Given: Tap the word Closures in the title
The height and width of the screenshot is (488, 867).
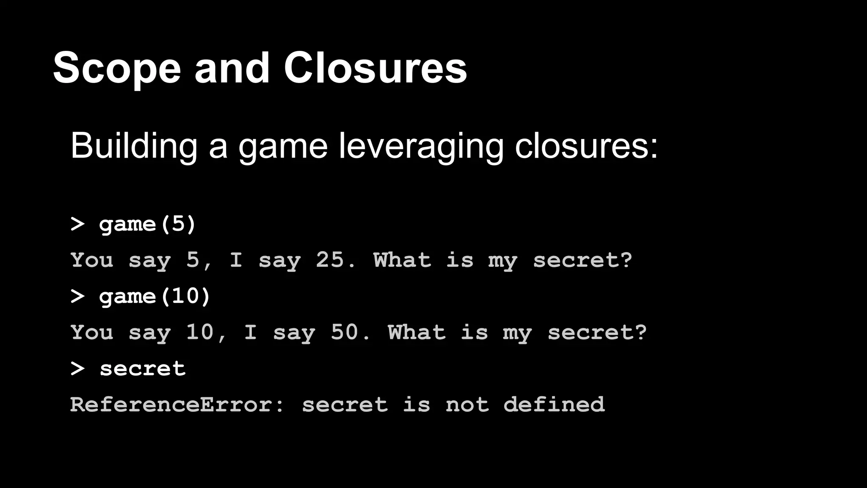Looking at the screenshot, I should click(375, 68).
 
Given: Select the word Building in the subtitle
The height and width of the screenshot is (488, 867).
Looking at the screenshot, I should click(134, 146).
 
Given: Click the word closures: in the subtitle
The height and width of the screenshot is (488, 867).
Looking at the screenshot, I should click(586, 146).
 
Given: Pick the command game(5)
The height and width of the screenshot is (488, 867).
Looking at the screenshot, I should click(147, 224).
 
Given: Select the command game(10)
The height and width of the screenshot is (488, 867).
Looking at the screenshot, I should click(155, 296).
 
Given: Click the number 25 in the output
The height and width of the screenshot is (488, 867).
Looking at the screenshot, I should click(330, 260).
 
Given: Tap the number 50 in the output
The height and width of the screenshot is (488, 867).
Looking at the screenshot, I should click(345, 332).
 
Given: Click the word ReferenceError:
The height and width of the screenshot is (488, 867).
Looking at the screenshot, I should click(177, 405).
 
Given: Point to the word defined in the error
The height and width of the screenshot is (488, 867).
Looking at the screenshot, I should click(554, 405).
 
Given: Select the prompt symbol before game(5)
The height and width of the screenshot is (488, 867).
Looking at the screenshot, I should click(77, 224).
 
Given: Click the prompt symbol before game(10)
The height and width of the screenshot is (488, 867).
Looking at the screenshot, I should click(77, 297).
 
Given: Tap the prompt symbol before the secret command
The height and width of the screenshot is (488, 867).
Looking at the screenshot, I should click(77, 369).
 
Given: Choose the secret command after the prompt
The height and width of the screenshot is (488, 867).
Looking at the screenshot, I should click(143, 369).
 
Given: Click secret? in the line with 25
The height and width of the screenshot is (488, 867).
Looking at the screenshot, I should click(583, 260).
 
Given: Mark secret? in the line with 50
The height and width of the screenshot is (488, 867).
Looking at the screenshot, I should click(597, 333).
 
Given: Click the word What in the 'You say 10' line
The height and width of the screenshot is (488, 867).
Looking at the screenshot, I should click(417, 332).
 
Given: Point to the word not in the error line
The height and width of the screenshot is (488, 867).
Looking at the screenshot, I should click(467, 405).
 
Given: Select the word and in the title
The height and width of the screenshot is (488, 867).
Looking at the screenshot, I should click(232, 68).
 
